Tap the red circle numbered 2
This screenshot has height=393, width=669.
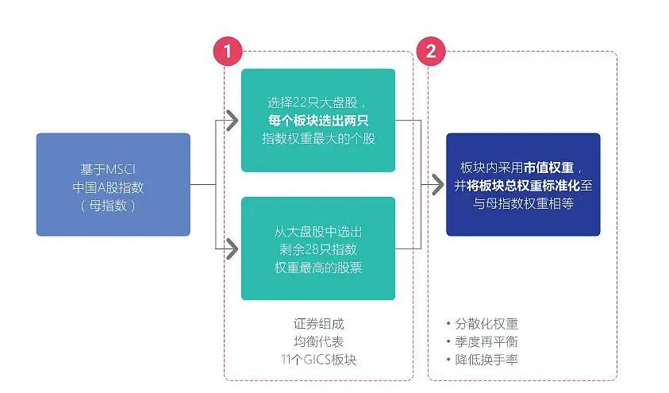click(430, 52)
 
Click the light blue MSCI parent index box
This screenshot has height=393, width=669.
click(113, 184)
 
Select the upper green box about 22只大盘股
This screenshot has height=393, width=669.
click(318, 120)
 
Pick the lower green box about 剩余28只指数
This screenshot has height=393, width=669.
click(318, 249)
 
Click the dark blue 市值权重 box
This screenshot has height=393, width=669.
click(523, 184)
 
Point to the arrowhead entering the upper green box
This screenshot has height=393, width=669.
click(231, 121)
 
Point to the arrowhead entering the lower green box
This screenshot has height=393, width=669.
click(231, 249)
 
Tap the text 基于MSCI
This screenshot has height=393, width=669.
click(112, 169)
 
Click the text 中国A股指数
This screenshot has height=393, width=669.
click(112, 187)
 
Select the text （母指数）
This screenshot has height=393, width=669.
click(112, 206)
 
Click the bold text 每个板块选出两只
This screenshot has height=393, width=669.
click(318, 121)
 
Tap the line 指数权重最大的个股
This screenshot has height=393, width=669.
click(318, 139)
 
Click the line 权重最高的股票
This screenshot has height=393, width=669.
click(318, 268)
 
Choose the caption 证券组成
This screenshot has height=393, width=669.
click(318, 324)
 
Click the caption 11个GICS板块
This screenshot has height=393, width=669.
click(318, 360)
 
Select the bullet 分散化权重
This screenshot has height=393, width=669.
click(486, 324)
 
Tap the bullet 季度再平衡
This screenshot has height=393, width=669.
click(486, 341)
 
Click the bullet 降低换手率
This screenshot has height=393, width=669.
click(486, 360)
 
